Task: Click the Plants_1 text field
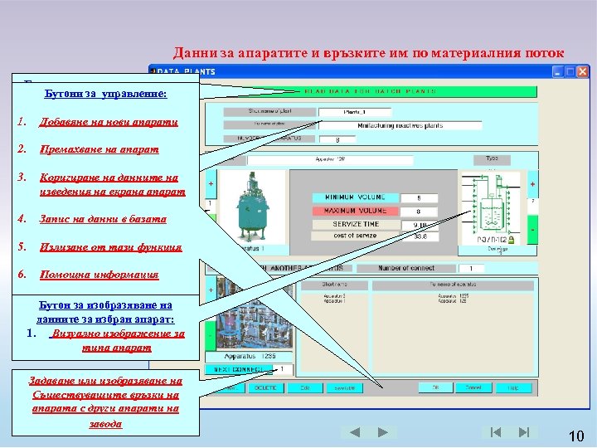355,112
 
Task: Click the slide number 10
577,436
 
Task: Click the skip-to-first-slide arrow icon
495,432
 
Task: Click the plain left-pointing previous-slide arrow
354,432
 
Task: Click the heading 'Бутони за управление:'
106,95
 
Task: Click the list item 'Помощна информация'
99,274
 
